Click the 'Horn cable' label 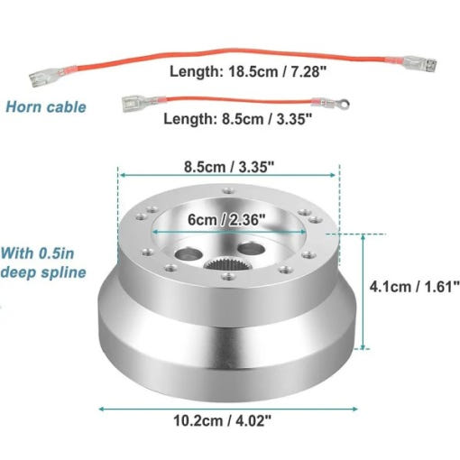[x=46, y=107]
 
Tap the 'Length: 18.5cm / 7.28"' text [x=248, y=72]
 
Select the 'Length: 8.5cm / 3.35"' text [x=238, y=119]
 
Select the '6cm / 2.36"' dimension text [x=226, y=220]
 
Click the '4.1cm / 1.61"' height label [x=415, y=287]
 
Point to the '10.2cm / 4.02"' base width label [x=223, y=420]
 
